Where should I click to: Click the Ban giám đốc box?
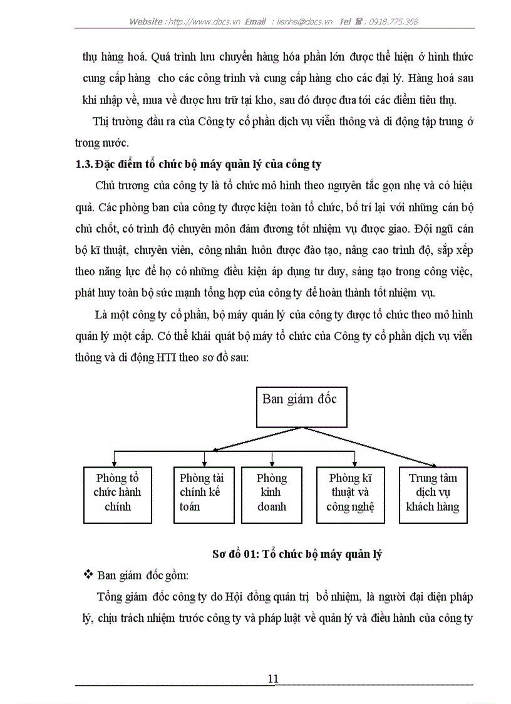point(300,406)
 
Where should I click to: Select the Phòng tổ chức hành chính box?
point(118,495)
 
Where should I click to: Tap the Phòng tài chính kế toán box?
point(203,495)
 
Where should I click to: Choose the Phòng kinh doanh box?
point(272,495)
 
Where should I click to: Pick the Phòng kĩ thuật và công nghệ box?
point(349,495)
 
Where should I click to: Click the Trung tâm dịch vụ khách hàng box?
point(432,495)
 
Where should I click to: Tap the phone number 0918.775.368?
point(393,21)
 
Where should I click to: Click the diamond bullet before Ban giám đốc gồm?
point(88,574)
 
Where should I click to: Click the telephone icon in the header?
point(360,21)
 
